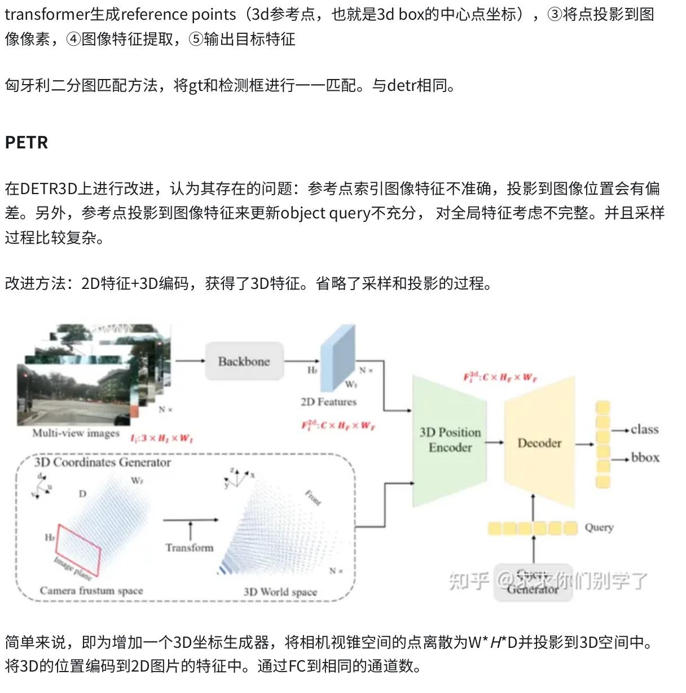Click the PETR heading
[x=27, y=142]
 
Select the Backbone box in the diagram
[x=244, y=361]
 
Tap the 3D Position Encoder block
[x=450, y=440]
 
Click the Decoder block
[x=539, y=443]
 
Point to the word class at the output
[x=644, y=429]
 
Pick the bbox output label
[x=645, y=457]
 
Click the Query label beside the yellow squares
[x=599, y=528]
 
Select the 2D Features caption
[x=328, y=402]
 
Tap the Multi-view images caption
[x=76, y=433]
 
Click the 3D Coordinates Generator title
[x=102, y=462]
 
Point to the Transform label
[x=190, y=547]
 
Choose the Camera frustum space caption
[x=91, y=591]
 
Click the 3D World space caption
[x=280, y=592]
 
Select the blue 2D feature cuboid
[x=337, y=358]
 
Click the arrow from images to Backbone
[x=189, y=361]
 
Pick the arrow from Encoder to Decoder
[x=494, y=442]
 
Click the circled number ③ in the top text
[x=555, y=15]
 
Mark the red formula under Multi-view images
[x=161, y=438]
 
